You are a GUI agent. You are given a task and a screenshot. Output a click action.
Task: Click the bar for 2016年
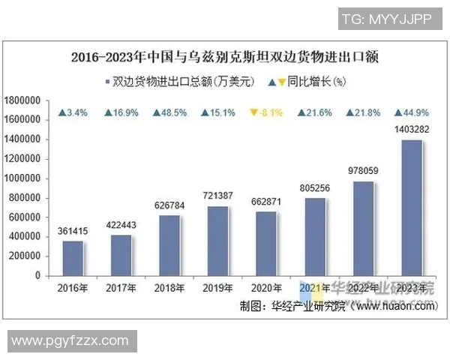pyautogui.click(x=73, y=258)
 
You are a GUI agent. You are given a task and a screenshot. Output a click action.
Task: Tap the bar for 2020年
pyautogui.click(x=266, y=244)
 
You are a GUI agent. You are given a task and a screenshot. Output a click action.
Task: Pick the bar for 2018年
pyautogui.click(x=169, y=245)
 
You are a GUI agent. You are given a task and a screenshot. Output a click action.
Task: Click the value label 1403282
pyautogui.click(x=412, y=130)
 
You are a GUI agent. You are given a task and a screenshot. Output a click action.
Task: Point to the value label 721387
pyautogui.click(x=218, y=196)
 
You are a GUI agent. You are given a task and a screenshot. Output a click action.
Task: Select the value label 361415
pyautogui.click(x=73, y=231)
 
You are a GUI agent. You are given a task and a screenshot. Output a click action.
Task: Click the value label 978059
pyautogui.click(x=364, y=171)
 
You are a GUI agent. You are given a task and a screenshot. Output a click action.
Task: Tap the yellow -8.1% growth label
pyautogui.click(x=266, y=113)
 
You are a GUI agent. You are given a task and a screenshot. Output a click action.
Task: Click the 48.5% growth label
pyautogui.click(x=169, y=113)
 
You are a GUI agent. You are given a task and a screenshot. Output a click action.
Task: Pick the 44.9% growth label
pyautogui.click(x=412, y=113)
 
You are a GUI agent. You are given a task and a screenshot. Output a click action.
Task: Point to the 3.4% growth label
pyautogui.click(x=73, y=113)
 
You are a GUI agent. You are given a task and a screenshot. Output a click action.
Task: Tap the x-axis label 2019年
pyautogui.click(x=218, y=288)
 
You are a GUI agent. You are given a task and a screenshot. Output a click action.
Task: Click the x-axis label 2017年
pyautogui.click(x=121, y=288)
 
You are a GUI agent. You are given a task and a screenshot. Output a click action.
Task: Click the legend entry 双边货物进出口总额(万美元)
pyautogui.click(x=180, y=80)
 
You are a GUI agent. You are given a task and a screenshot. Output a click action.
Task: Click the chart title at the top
pyautogui.click(x=224, y=57)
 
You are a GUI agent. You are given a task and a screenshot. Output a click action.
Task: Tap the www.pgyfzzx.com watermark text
pyautogui.click(x=69, y=341)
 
